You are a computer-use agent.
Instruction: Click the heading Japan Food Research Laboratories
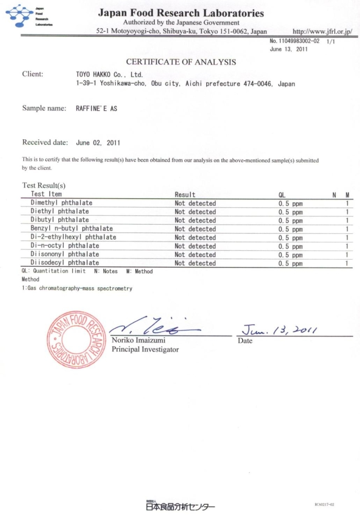181,13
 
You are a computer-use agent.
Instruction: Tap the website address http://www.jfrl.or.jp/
322,32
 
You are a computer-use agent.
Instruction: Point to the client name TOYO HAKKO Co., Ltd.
105,75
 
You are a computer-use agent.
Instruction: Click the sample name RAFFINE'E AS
96,109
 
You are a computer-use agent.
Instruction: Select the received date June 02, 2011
98,143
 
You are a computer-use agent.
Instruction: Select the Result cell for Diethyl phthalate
195,212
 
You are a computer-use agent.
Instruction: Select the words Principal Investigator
145,349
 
